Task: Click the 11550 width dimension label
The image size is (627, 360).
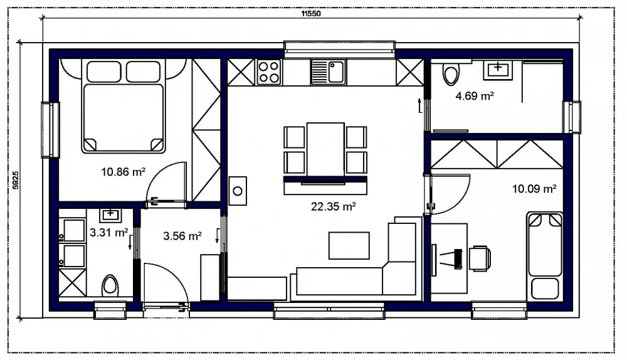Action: point(311,14)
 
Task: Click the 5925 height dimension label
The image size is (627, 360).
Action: point(15,180)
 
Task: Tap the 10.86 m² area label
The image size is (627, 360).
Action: point(123,172)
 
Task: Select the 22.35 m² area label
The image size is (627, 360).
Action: point(334,206)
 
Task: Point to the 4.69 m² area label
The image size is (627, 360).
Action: point(475,96)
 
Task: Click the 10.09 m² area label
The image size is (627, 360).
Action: point(534,188)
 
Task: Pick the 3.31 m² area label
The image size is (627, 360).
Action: point(108,233)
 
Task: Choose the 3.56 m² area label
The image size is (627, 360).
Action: point(182,236)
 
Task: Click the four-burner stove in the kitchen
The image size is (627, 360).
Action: point(268,72)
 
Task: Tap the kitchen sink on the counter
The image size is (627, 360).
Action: point(329,72)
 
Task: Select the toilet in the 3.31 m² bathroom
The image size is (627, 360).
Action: point(110,285)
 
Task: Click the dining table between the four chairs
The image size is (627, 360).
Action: point(325,149)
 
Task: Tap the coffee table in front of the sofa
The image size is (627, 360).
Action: point(349,245)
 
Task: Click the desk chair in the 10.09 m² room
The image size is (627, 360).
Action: point(480,258)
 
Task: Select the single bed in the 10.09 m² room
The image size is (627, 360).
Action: point(545,257)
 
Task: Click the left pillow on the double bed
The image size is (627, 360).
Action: point(103,72)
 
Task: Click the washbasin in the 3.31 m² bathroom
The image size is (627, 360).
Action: point(110,214)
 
